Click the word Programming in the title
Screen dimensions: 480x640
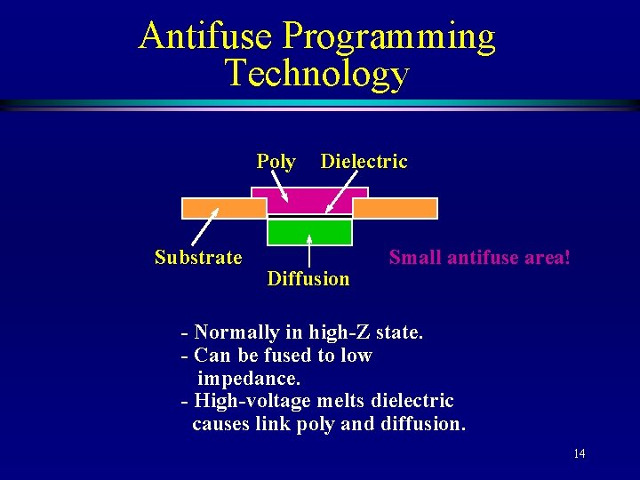(x=389, y=38)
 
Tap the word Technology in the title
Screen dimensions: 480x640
(x=316, y=74)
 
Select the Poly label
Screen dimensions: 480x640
(x=276, y=162)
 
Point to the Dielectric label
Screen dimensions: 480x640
(x=364, y=162)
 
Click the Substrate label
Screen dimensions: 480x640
(x=197, y=258)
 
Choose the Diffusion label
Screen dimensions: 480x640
(x=308, y=279)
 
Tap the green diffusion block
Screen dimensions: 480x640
(x=309, y=232)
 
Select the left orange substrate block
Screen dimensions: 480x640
(x=223, y=208)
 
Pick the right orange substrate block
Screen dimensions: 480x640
(x=396, y=208)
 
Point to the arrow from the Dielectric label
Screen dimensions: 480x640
(x=343, y=194)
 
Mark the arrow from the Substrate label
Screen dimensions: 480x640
(x=206, y=228)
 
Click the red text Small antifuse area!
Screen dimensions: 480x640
(x=479, y=258)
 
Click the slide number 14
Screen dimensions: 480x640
(x=579, y=454)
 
